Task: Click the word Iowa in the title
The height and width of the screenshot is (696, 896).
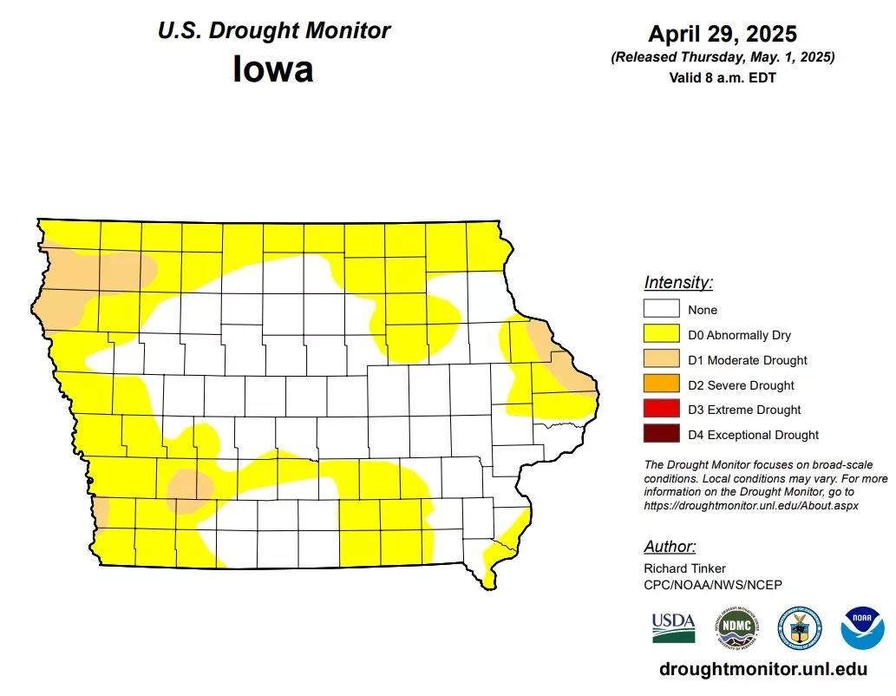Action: point(272,69)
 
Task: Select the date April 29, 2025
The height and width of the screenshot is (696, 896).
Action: point(722,34)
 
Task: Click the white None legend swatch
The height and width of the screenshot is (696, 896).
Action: point(660,309)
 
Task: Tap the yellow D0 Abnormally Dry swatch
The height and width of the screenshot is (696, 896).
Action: point(660,334)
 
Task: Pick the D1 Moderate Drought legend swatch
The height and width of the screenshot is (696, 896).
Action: point(660,359)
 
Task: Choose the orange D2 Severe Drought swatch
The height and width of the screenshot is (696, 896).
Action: point(660,384)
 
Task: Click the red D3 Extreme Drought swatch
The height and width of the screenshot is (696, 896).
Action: point(660,410)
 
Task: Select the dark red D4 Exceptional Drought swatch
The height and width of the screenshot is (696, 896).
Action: point(660,435)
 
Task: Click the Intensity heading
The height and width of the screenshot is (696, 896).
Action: point(677,282)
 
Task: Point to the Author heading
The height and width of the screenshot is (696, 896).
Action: point(669,547)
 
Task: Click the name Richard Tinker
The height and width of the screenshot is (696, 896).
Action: point(685,568)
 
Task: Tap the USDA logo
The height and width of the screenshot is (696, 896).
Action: point(673,627)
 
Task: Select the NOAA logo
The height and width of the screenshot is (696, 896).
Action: point(862,627)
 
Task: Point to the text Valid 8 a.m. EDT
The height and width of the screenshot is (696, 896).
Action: point(722,77)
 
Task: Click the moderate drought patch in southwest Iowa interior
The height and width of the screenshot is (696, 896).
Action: point(188,487)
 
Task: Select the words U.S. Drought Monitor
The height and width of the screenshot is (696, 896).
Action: point(273,31)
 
